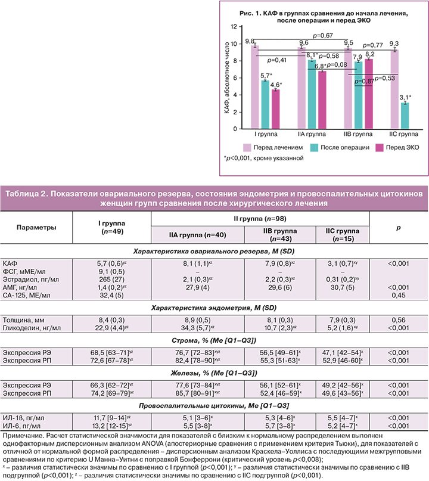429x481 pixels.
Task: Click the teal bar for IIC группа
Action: pyautogui.click(x=405, y=116)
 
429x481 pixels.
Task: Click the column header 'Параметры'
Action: pyautogui.click(x=36, y=228)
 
